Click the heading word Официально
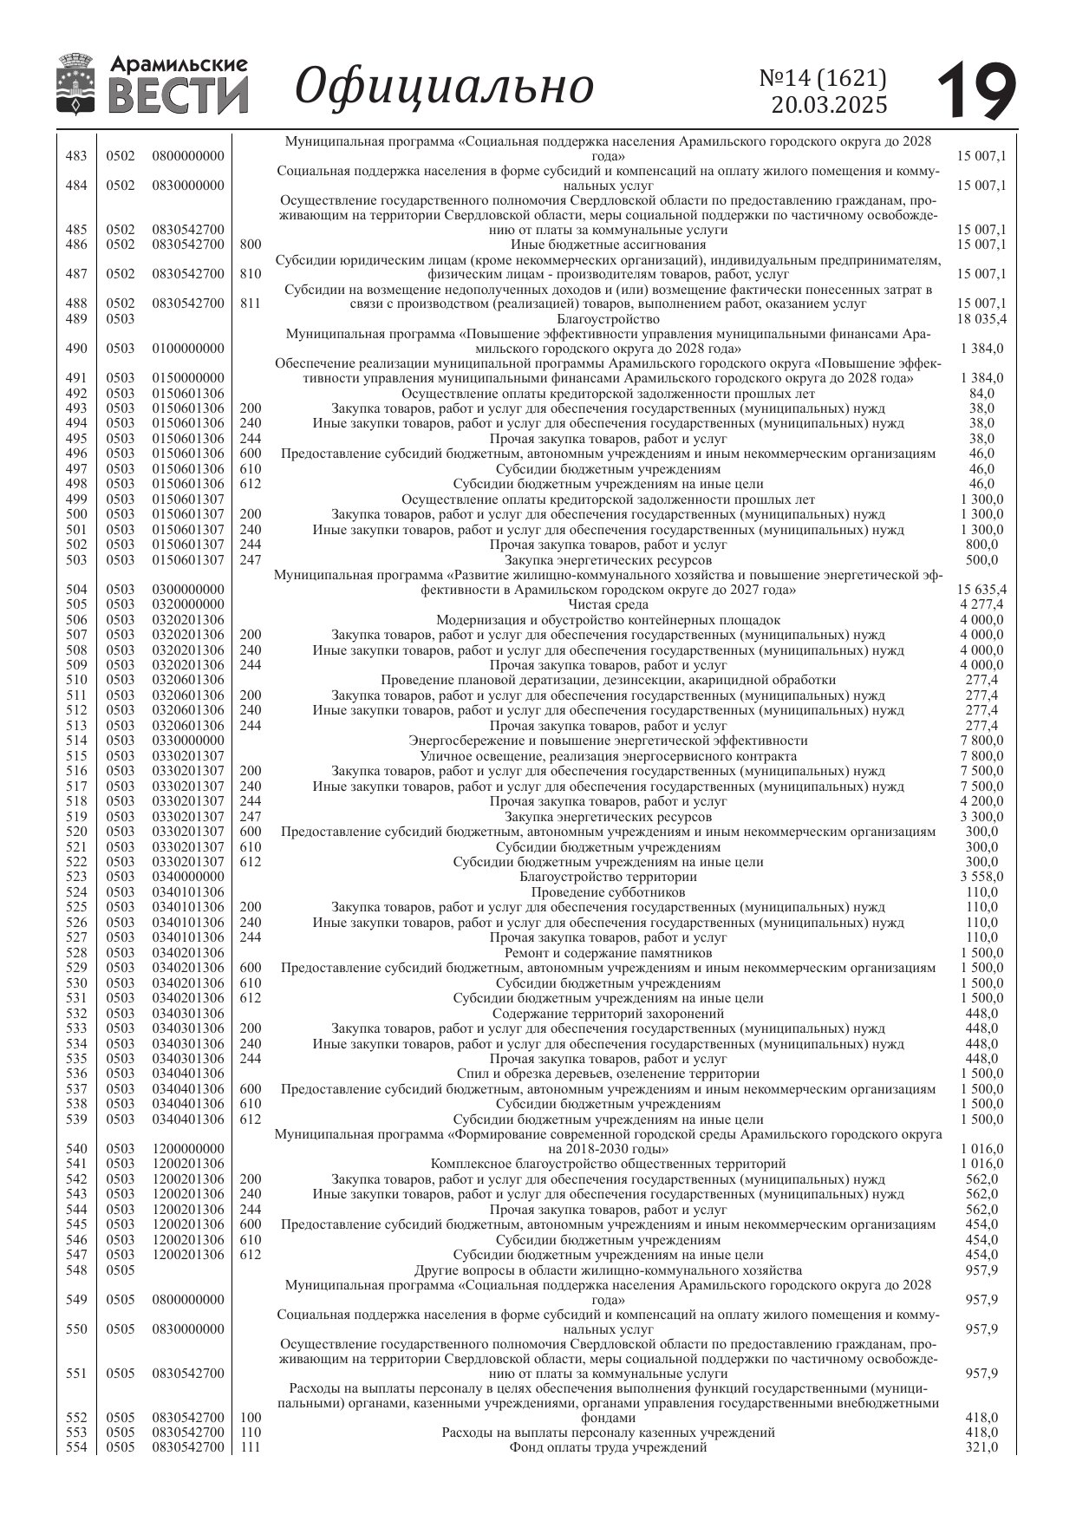445,86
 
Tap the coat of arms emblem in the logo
77,84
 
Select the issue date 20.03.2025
829,105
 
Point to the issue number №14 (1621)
823,78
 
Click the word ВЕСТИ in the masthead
179,95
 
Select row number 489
76,319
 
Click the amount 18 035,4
981,319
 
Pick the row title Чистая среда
608,604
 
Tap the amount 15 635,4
981,590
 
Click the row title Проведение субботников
608,892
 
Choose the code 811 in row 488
250,304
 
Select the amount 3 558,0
981,877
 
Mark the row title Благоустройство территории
608,877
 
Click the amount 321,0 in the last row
981,1447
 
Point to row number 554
76,1447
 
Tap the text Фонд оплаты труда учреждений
608,1447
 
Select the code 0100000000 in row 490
188,349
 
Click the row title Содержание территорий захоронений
608,1013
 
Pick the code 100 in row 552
250,1418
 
